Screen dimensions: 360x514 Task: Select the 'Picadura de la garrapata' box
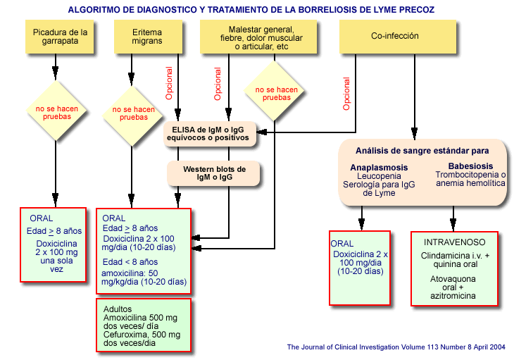click(61, 36)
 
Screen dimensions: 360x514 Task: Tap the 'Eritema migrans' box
click(147, 36)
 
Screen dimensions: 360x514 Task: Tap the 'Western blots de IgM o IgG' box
click(213, 173)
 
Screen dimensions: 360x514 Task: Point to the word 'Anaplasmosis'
click(379, 167)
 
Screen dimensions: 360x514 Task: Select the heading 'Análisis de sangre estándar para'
click(422, 151)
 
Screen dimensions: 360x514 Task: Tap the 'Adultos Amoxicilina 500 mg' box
click(143, 325)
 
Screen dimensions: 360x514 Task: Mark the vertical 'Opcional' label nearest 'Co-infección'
click(346, 94)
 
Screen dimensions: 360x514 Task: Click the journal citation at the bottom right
click(396, 347)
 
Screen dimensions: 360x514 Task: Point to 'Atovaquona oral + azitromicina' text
click(454, 287)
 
